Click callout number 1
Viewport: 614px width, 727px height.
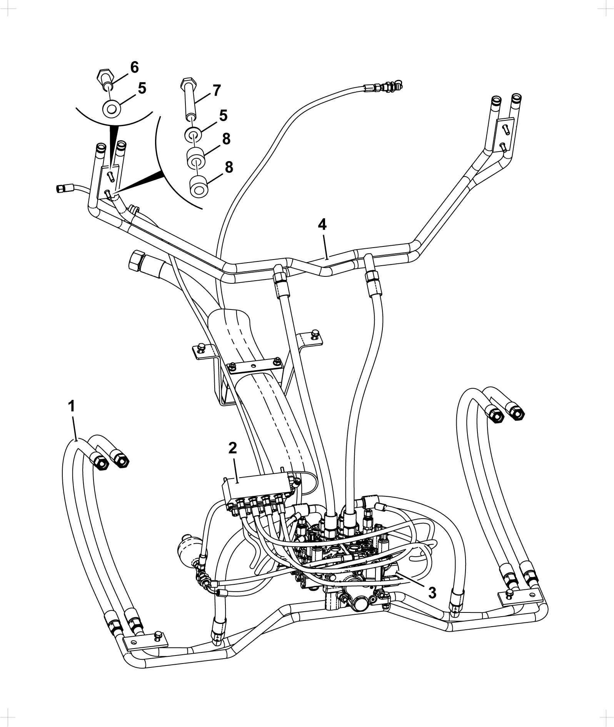click(72, 406)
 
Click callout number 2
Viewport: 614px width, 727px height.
click(233, 447)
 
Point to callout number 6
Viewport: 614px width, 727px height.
click(134, 67)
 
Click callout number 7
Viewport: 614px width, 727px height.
click(217, 91)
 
